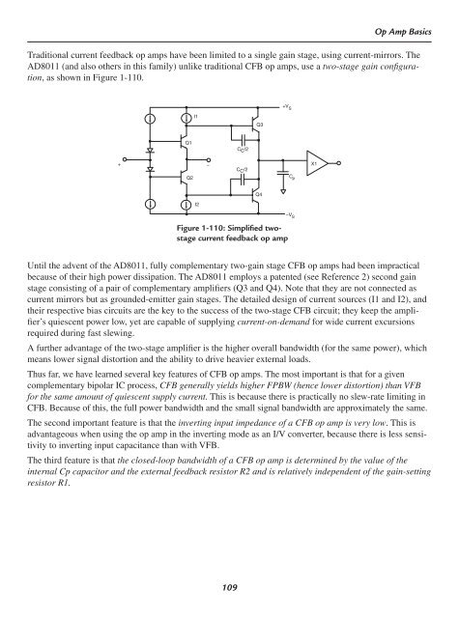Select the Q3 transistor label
(260, 125)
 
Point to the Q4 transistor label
(260, 194)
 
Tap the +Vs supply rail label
(288, 106)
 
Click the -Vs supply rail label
(288, 218)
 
